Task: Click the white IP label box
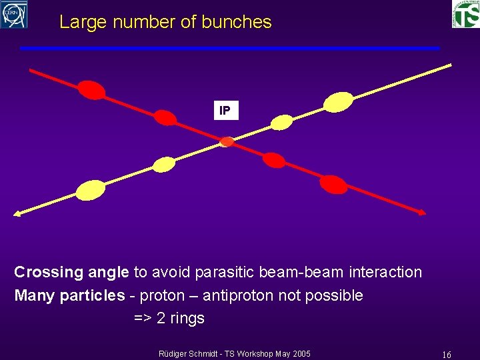(225, 111)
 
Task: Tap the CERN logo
(14, 14)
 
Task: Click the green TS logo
(465, 14)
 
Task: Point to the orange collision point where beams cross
(227, 141)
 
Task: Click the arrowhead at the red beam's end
(421, 212)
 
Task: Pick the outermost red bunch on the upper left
(91, 89)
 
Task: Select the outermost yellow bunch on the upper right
(338, 101)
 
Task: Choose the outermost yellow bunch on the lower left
(91, 191)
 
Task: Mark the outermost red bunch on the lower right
(333, 184)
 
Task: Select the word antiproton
(237, 295)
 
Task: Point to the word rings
(187, 319)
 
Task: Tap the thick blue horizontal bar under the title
(229, 48)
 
